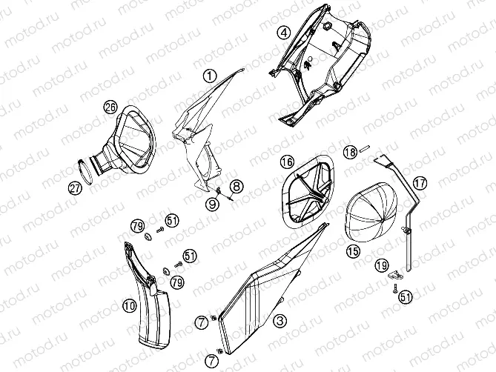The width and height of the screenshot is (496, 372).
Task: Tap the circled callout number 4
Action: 284,33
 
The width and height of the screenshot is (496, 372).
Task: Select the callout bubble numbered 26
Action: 110,107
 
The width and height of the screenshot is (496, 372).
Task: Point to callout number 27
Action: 75,188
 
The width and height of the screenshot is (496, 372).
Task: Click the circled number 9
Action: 212,205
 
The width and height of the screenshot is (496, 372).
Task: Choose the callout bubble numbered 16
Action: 287,162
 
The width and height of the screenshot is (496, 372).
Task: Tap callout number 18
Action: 350,153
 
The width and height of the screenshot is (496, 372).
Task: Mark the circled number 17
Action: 420,183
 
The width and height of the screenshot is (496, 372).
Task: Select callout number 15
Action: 353,251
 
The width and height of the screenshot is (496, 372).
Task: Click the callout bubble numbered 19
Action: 382,265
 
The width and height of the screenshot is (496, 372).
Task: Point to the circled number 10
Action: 130,305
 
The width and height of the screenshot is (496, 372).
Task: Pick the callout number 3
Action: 280,321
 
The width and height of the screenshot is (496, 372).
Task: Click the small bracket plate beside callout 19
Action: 395,276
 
